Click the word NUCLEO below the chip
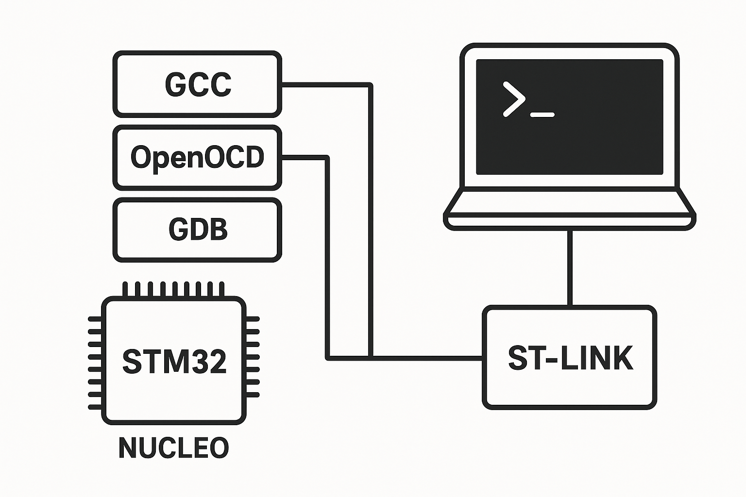coord(173,447)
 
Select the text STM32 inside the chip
coord(174,361)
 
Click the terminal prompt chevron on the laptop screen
coord(514,99)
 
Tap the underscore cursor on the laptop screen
coord(543,115)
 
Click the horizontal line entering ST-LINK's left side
coord(427,358)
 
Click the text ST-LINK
coord(570,358)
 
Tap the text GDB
coord(198,230)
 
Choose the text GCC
coord(198,84)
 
